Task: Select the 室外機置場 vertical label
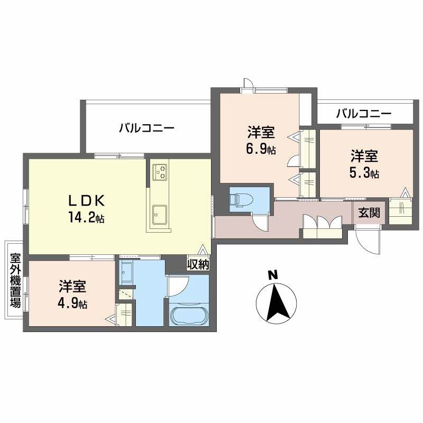[15, 281]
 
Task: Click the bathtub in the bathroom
[189, 314]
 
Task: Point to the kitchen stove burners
[160, 171]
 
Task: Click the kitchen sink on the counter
[159, 214]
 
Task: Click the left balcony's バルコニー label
[146, 128]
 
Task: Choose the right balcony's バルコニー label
[363, 113]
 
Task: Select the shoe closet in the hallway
[322, 223]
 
